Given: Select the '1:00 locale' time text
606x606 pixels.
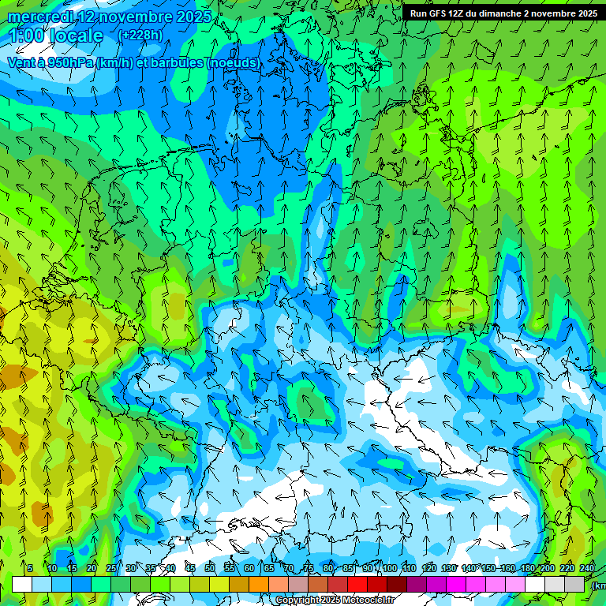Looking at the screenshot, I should (55, 36).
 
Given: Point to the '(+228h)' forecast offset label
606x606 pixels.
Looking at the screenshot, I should (140, 36).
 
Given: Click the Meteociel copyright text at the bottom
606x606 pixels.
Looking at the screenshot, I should (335, 600).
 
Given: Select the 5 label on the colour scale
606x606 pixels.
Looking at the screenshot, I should (30, 568).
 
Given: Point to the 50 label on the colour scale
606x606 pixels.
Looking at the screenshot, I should (209, 568).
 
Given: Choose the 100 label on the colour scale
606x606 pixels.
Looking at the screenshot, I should (389, 568).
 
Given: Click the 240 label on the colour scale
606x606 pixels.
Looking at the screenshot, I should (587, 568).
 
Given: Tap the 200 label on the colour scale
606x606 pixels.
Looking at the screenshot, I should (547, 568).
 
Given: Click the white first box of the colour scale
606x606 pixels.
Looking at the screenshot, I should (22, 584).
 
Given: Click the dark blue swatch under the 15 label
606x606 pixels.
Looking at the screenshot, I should (81, 584).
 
